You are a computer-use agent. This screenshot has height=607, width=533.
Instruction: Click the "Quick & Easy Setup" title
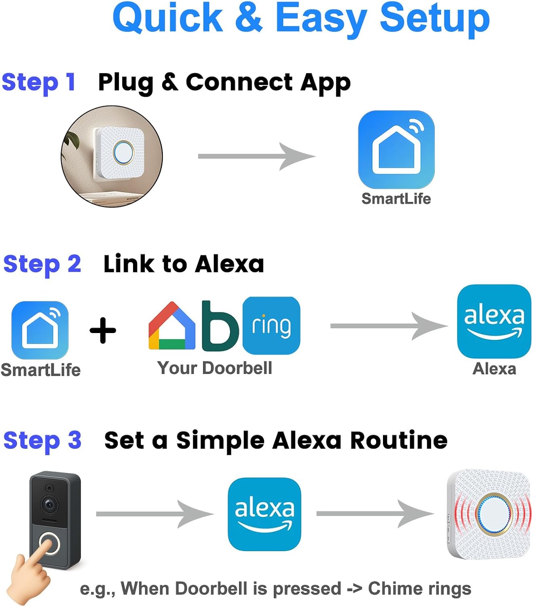(x=301, y=18)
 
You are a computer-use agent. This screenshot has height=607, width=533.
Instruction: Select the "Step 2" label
(x=42, y=264)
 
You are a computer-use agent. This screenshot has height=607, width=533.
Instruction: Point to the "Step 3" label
(x=42, y=440)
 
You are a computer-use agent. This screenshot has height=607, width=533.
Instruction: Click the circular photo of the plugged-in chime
(x=112, y=156)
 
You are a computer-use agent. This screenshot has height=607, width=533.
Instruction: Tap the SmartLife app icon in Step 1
(x=396, y=149)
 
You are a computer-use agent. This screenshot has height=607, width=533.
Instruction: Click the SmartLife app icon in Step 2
(x=40, y=329)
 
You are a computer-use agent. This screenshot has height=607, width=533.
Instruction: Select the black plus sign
(x=103, y=330)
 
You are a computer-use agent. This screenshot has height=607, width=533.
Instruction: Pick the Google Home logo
(x=172, y=326)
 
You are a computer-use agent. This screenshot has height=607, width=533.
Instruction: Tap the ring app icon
(x=271, y=325)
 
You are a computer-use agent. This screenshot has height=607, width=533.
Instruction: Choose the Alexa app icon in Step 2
(x=494, y=321)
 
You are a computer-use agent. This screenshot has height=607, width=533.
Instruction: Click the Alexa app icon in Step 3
(x=264, y=514)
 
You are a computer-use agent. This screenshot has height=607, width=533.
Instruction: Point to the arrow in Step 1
(x=256, y=156)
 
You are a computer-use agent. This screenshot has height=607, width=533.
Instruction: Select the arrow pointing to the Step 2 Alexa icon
(x=389, y=326)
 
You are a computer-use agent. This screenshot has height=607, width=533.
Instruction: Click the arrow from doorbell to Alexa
(x=154, y=514)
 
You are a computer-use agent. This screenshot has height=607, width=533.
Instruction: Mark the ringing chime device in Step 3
(x=489, y=514)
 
